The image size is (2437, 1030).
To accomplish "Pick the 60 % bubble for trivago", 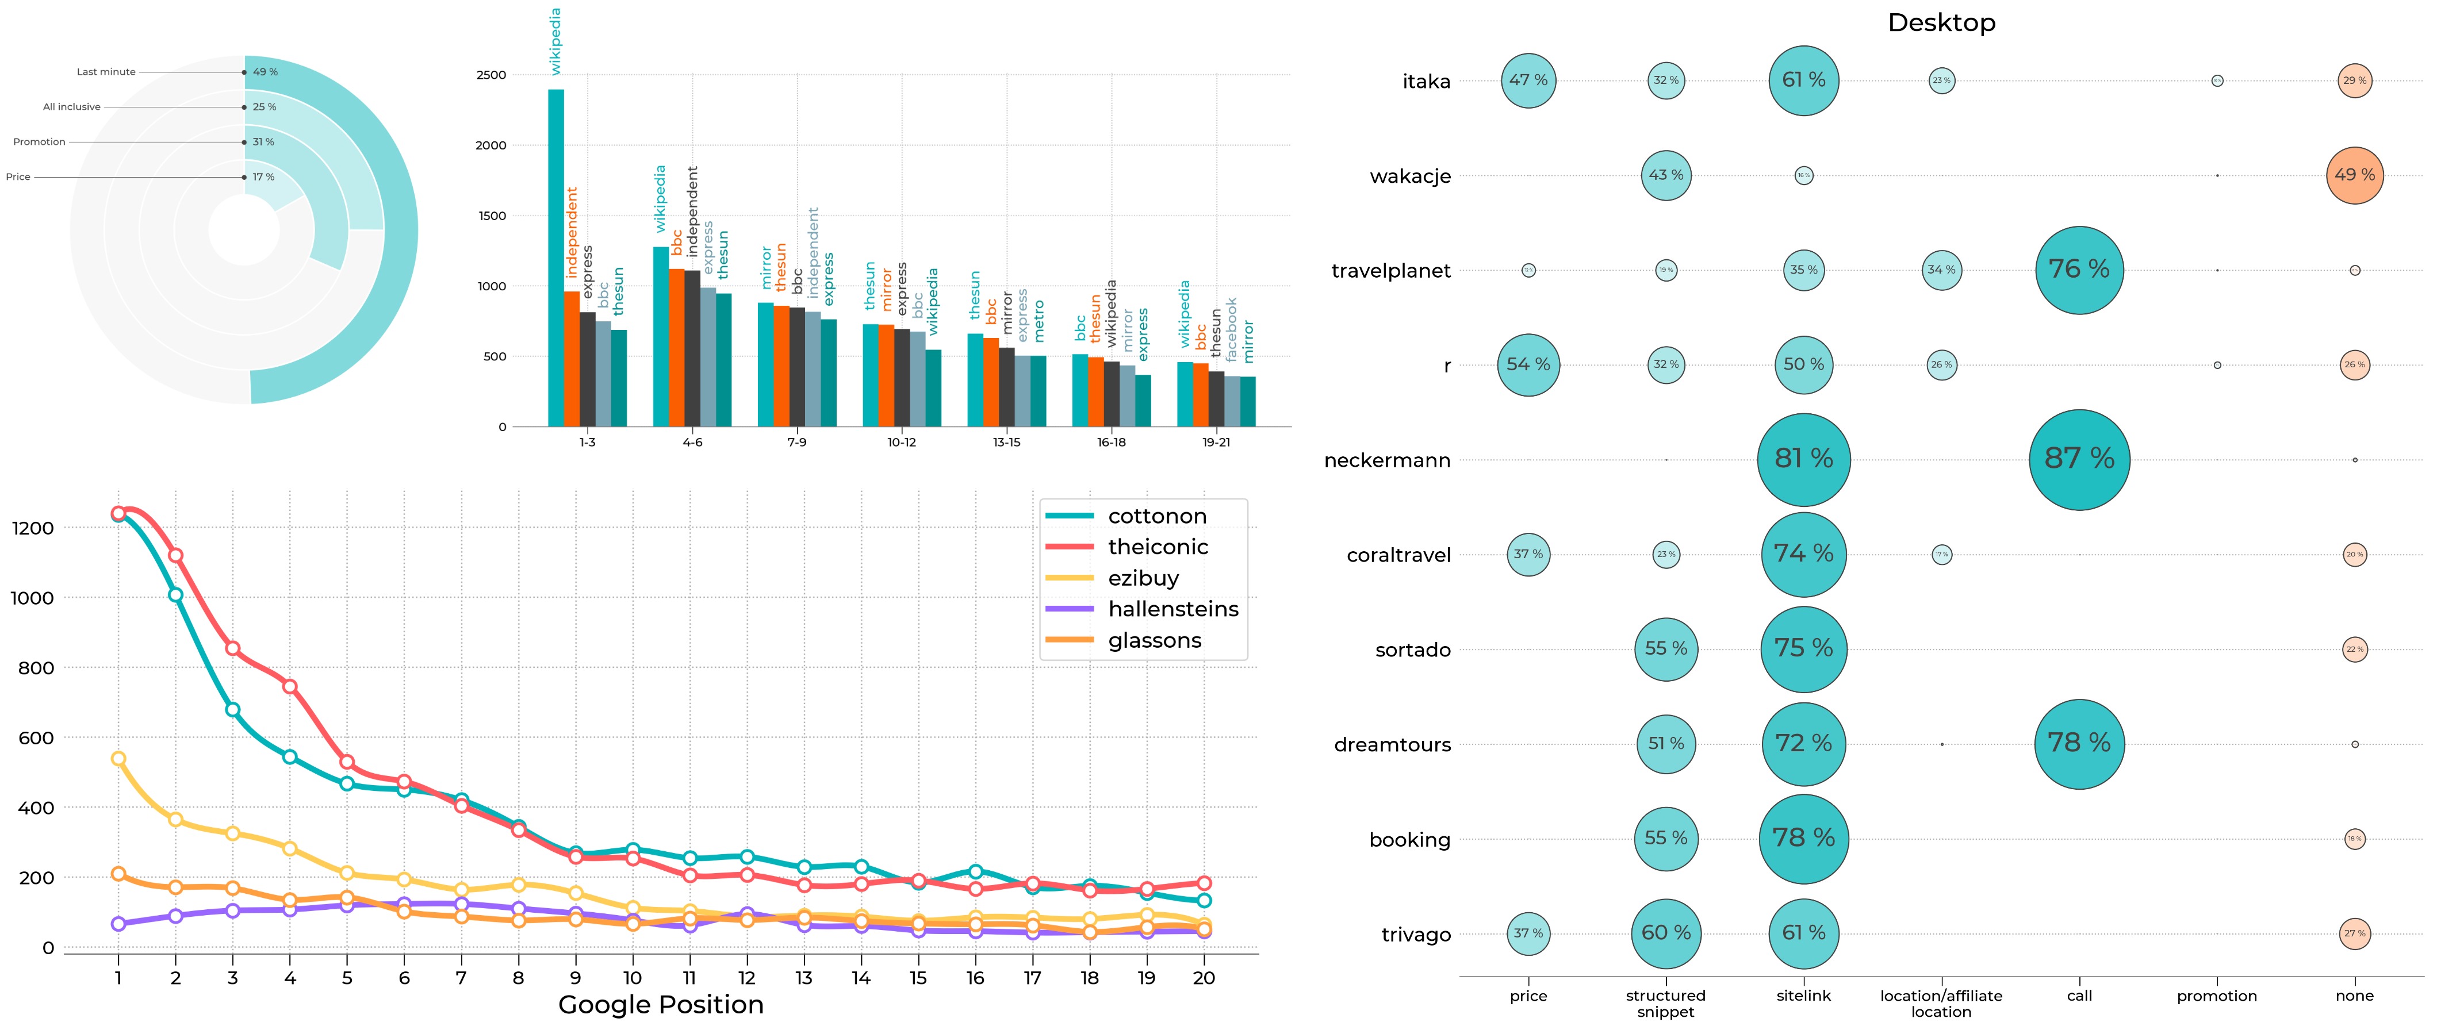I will point(1665,933).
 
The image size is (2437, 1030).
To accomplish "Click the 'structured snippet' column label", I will point(1665,1004).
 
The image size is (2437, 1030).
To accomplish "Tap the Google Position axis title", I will point(660,1005).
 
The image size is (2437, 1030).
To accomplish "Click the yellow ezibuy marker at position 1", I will point(118,759).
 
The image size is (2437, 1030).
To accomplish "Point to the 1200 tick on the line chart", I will point(33,528).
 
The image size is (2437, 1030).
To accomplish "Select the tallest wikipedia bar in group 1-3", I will point(556,257).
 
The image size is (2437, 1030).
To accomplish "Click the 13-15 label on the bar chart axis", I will point(1006,441).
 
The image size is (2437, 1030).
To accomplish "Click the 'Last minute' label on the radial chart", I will point(106,72).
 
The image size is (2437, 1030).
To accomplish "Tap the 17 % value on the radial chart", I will point(263,177).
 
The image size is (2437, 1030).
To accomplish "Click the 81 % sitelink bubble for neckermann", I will point(1803,460).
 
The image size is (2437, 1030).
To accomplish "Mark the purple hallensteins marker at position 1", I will point(118,923).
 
